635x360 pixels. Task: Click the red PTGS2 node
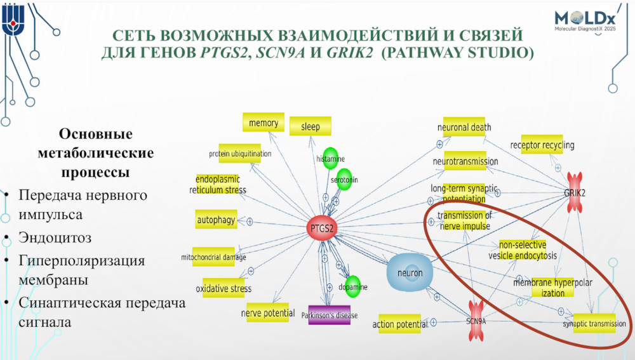[x=323, y=228]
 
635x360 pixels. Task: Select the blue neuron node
[x=410, y=272]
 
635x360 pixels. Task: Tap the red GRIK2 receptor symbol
[x=574, y=191]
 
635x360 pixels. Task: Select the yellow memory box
[x=264, y=123]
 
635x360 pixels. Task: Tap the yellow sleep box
[x=311, y=126]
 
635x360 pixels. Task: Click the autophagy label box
[x=217, y=220]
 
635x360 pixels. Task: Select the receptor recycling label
[x=542, y=145]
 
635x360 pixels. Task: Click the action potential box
[x=400, y=324]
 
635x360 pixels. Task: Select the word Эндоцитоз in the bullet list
[x=55, y=238]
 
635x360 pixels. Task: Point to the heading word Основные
[x=95, y=134]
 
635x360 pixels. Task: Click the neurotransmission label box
[x=465, y=161]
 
